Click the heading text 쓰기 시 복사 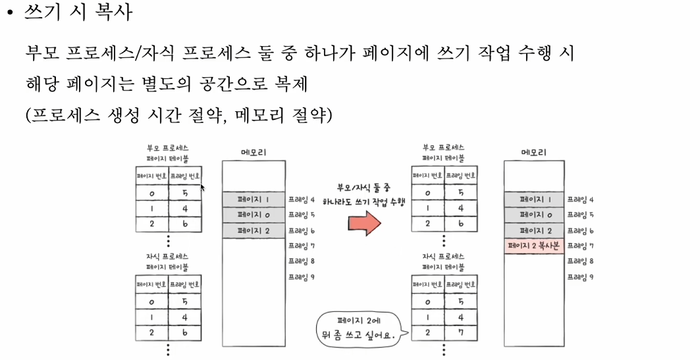click(78, 13)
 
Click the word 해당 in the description click(42, 85)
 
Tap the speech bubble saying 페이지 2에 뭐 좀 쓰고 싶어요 click(358, 328)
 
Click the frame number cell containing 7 click(460, 332)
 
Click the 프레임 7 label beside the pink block click(580, 245)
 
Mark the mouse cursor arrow click(203, 188)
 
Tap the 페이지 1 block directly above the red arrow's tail click(254, 199)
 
